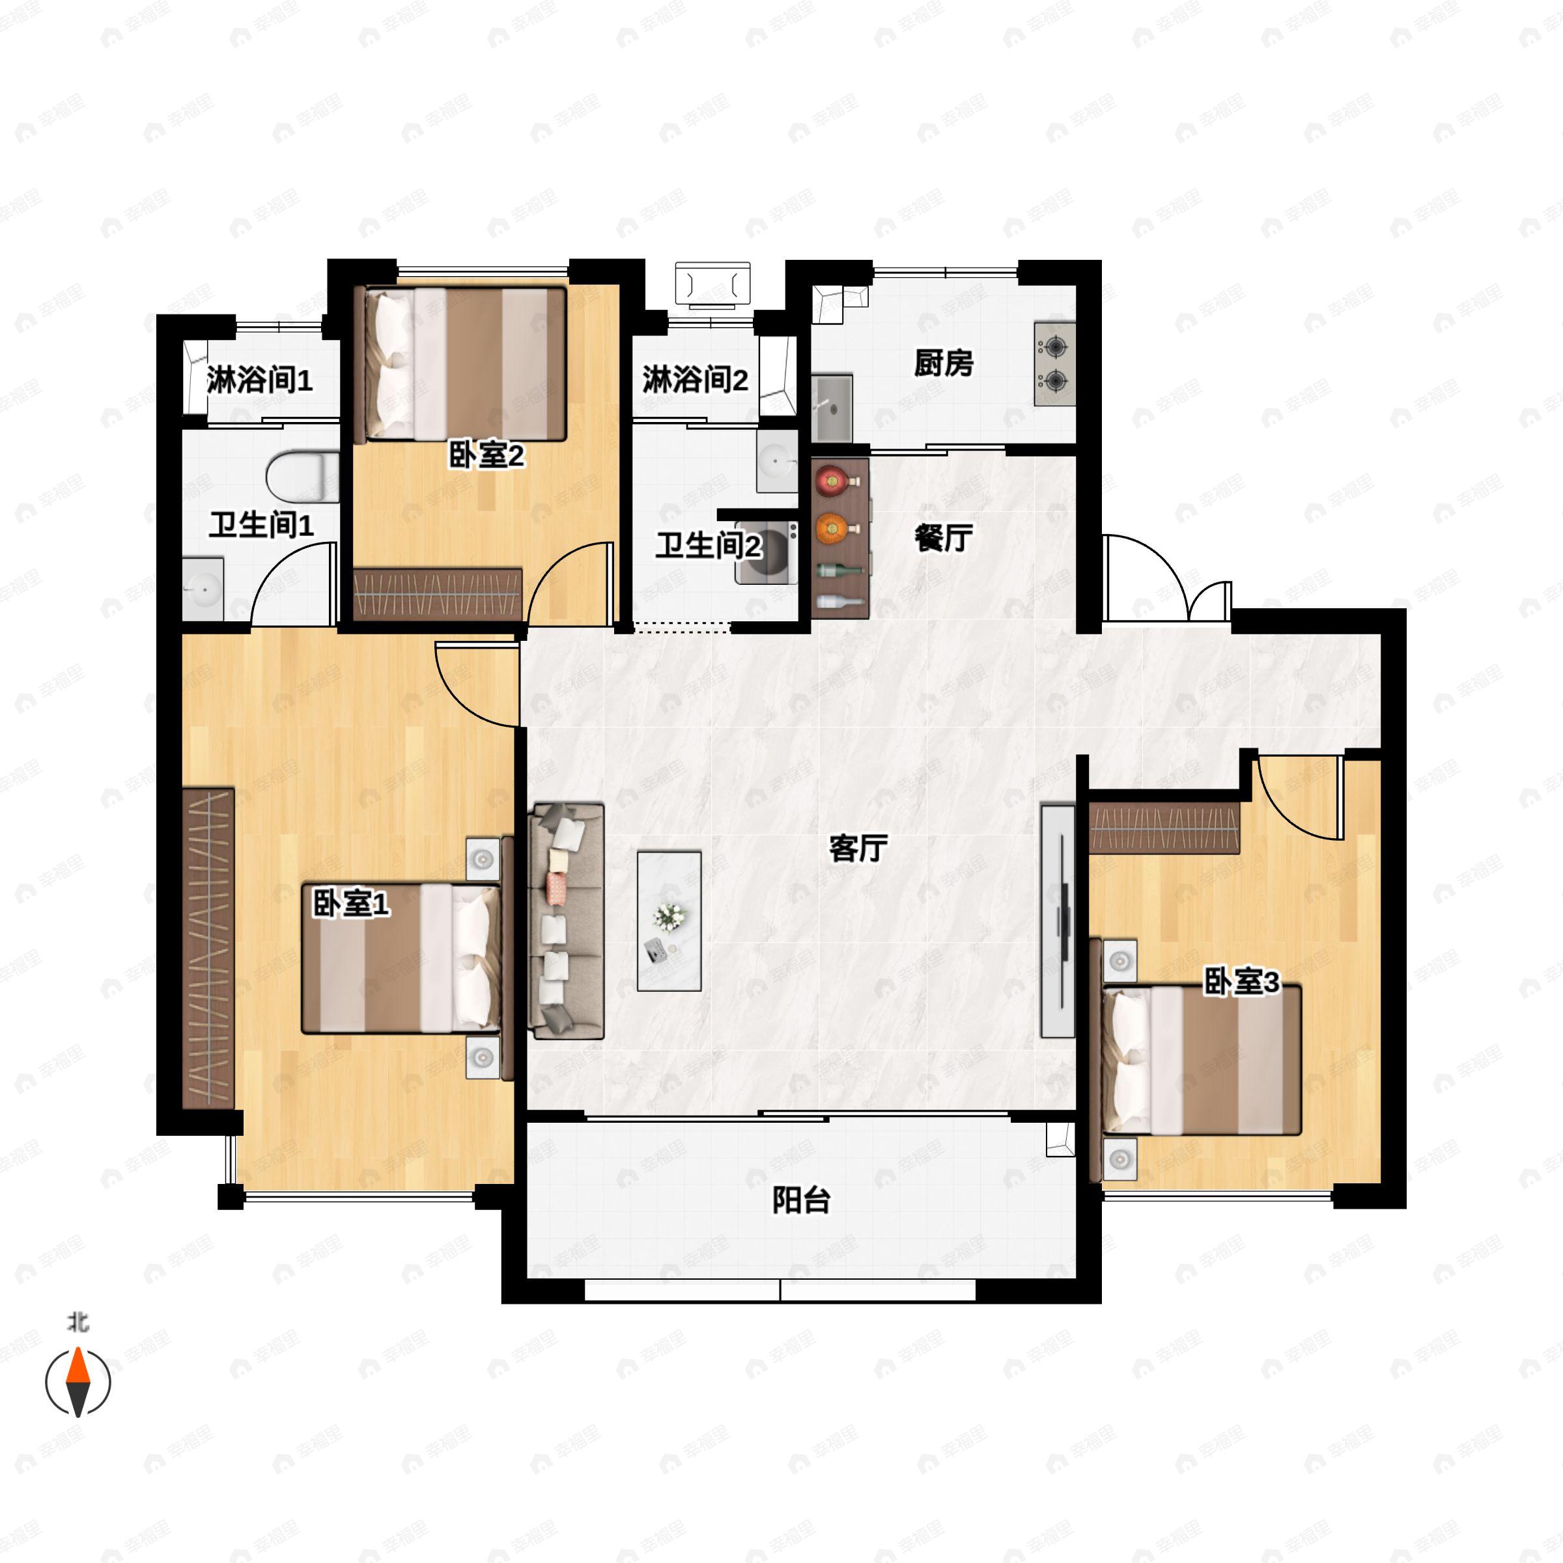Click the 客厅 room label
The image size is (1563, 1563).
coord(858,848)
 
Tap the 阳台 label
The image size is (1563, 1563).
coord(801,1200)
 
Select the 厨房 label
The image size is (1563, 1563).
coord(943,363)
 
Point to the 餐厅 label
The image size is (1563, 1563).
coord(943,537)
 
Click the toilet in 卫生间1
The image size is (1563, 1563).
coord(303,477)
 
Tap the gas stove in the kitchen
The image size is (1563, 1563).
coord(1055,364)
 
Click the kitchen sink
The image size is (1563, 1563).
coord(832,408)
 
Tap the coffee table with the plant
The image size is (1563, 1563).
coord(669,921)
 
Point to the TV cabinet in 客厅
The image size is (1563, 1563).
coord(1058,921)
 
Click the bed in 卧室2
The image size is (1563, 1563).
coord(465,364)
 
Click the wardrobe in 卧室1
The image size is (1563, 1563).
coord(208,948)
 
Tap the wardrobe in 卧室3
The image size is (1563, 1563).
coord(1164,828)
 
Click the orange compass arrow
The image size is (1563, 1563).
coord(77,1366)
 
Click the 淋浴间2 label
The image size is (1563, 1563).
coord(695,380)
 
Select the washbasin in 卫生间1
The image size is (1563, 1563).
coord(203,589)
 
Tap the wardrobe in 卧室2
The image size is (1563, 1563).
coord(438,595)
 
